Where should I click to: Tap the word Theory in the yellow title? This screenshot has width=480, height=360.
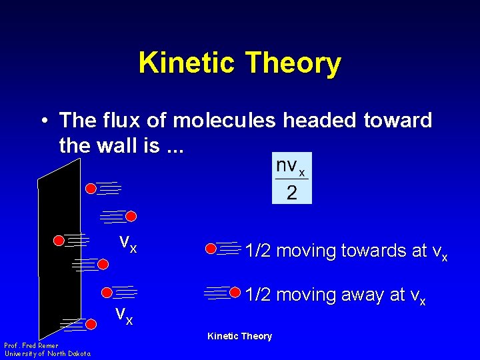click(293, 63)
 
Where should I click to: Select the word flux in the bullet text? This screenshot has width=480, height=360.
click(115, 121)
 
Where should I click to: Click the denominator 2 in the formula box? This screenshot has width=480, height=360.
click(291, 193)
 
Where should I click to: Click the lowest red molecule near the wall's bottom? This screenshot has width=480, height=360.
click(92, 325)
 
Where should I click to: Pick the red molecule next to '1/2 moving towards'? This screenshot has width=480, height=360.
click(211, 249)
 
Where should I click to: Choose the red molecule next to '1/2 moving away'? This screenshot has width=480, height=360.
click(235, 292)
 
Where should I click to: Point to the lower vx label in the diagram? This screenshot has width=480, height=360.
click(123, 314)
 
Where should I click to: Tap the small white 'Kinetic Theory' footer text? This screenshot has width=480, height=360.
click(239, 336)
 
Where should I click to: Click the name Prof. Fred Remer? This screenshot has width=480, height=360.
click(31, 345)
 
